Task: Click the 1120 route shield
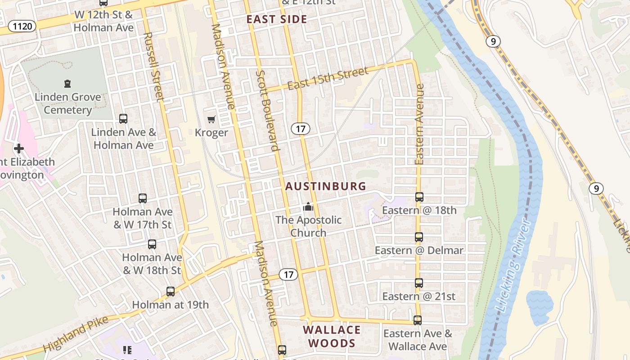(x=22, y=26)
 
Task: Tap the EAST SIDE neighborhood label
(x=277, y=19)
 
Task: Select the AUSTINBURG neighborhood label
(x=326, y=186)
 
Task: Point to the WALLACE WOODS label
(x=332, y=337)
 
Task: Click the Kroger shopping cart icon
(x=211, y=120)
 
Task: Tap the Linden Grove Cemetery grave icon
(x=67, y=83)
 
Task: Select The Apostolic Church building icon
(x=308, y=207)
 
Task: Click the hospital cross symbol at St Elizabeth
(x=19, y=148)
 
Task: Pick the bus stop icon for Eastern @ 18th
(x=419, y=197)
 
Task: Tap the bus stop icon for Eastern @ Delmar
(x=419, y=237)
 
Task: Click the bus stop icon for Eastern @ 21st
(x=419, y=283)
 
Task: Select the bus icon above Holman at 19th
(x=170, y=292)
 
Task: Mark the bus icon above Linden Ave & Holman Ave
(x=123, y=119)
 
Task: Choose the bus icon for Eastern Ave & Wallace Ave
(x=418, y=320)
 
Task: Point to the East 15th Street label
(x=328, y=78)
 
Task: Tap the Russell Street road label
(x=153, y=67)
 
